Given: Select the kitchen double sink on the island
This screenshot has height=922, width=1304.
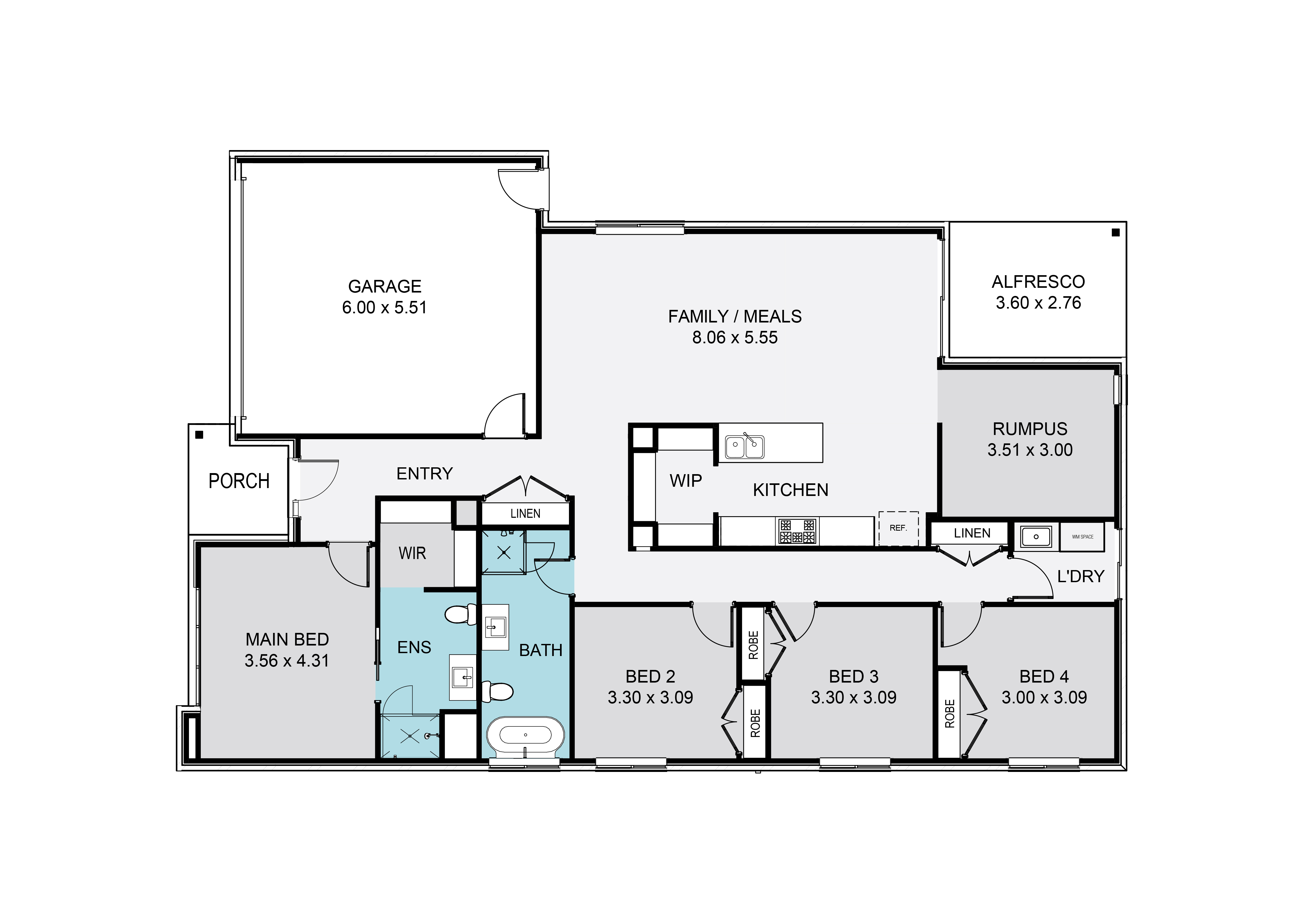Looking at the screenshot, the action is coord(745,447).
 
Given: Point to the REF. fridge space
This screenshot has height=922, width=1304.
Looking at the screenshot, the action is coord(899,528).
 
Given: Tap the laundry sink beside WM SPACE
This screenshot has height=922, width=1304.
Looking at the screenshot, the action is coord(1036,536).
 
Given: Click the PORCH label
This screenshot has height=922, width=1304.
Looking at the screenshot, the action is coord(239,481).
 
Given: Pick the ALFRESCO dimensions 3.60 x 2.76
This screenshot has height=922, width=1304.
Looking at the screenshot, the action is coord(1038,303).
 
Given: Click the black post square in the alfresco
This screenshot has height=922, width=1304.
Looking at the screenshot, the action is coord(1115,232).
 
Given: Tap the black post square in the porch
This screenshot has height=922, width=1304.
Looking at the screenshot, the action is coord(199,435).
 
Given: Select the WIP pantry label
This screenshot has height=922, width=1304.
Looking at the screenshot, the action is coord(686,481).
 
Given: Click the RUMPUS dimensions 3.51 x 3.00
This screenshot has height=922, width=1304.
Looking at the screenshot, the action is coord(1030,450).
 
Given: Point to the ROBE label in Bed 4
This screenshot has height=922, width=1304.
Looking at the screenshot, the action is coord(949,714).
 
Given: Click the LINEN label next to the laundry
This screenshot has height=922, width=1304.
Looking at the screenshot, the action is coord(972,533).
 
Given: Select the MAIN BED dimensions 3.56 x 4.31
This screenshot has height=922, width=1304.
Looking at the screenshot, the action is coord(287,661).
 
